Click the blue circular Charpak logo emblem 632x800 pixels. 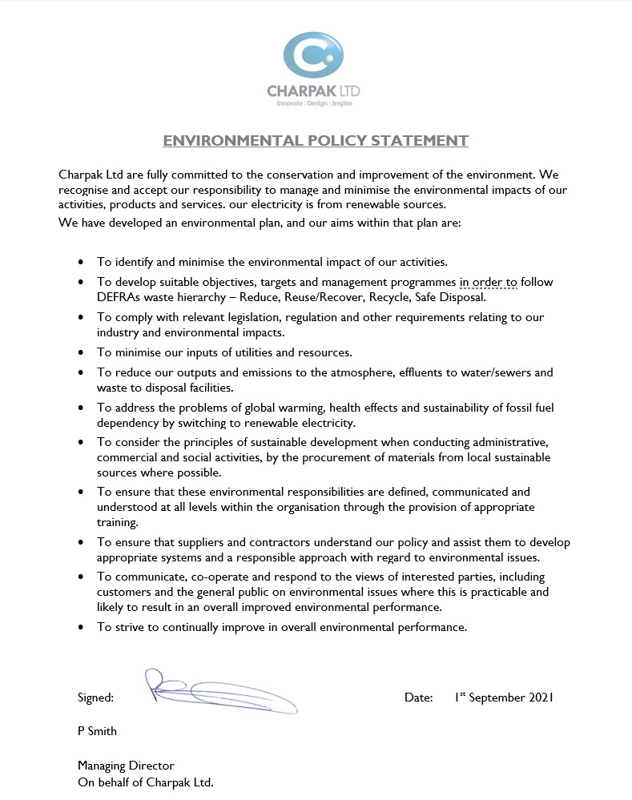[x=313, y=54]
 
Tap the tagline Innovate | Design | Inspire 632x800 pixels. [x=314, y=103]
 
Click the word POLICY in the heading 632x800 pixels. [x=334, y=141]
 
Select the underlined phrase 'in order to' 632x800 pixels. [x=489, y=283]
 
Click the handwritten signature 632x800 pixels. [x=220, y=690]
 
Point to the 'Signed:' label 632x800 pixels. [x=96, y=698]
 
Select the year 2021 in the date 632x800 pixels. [x=541, y=697]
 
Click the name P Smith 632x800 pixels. [x=97, y=731]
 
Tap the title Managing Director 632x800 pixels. [x=126, y=766]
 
